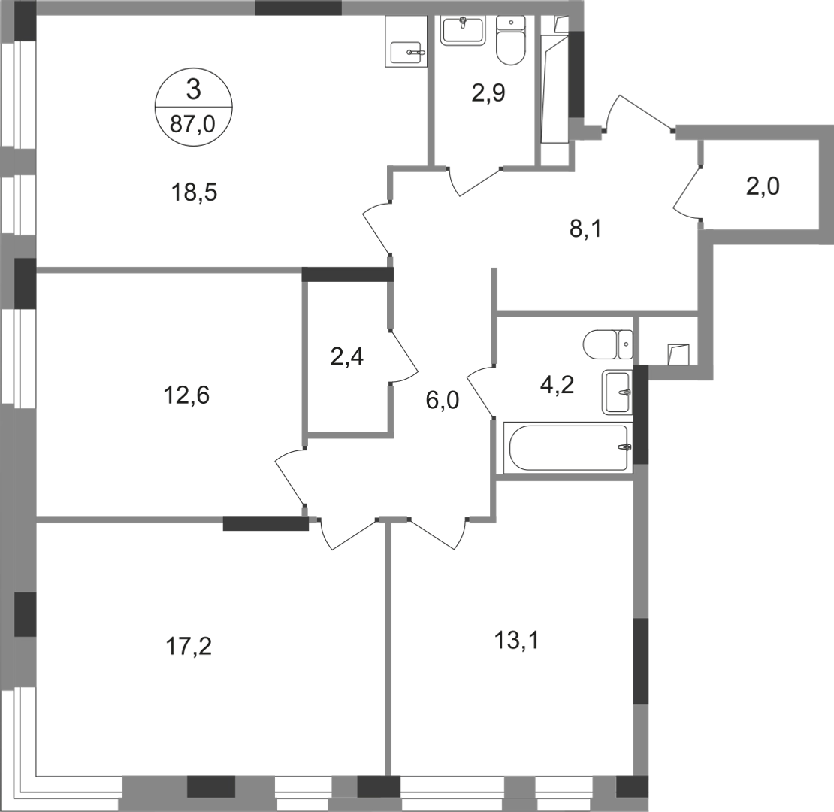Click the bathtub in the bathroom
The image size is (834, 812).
pyautogui.click(x=567, y=449)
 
